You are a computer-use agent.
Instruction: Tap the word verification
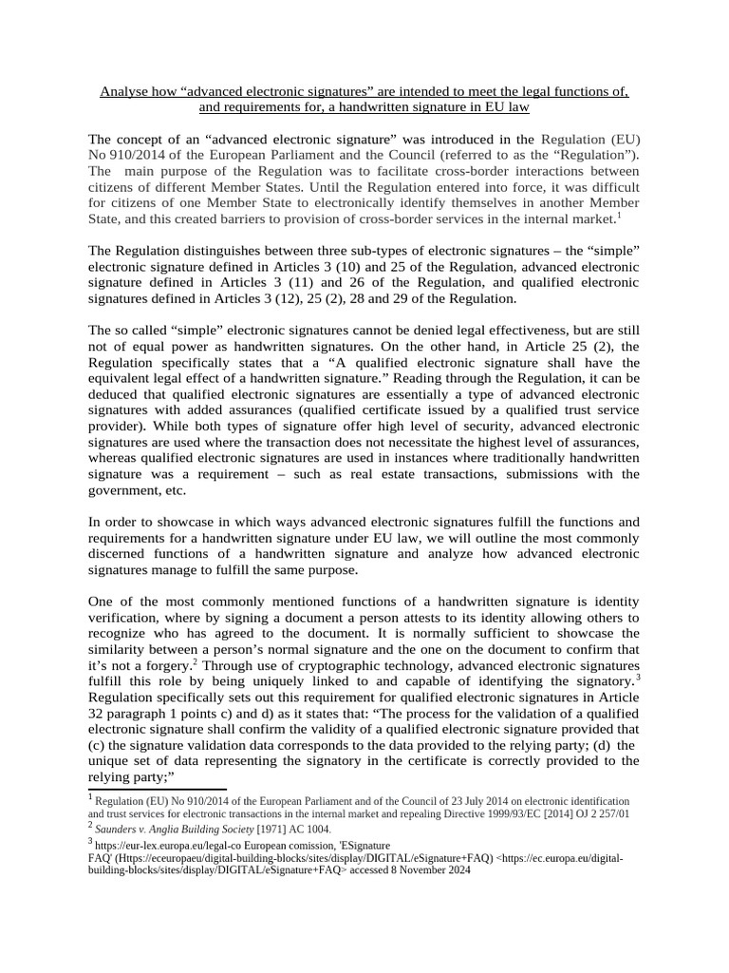coord(125,619)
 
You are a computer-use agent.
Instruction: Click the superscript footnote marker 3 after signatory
coord(639,677)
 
